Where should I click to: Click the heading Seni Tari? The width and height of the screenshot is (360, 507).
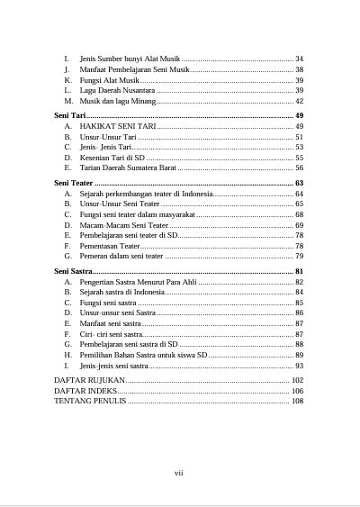click(71, 117)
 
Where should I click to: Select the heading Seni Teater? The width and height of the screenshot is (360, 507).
click(76, 184)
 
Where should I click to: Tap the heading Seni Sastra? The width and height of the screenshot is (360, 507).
click(74, 271)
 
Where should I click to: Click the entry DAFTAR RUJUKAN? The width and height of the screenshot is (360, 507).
click(90, 381)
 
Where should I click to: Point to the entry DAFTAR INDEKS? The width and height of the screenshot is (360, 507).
click(85, 392)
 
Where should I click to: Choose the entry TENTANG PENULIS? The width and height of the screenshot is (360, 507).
click(91, 403)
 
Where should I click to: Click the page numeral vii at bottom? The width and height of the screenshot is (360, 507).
click(179, 473)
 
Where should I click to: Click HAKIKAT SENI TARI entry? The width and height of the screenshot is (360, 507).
click(118, 128)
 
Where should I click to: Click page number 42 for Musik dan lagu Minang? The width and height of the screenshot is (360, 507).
click(299, 102)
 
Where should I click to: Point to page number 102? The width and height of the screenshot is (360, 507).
click(297, 381)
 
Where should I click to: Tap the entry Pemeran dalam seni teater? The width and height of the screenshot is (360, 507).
click(121, 257)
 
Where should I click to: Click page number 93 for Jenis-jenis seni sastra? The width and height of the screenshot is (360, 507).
click(299, 367)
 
